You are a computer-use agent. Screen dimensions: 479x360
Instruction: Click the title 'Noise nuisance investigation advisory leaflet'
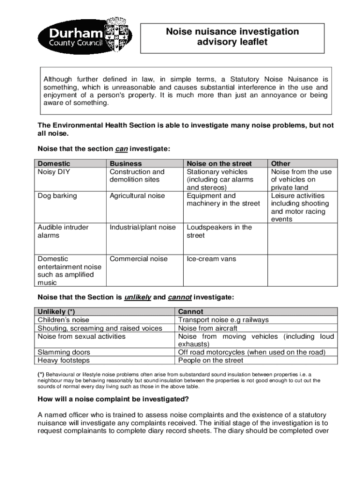[x=232, y=37]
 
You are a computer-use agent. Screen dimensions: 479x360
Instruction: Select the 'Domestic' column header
[x=54, y=164]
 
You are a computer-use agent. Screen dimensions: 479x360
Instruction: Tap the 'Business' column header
[x=125, y=164]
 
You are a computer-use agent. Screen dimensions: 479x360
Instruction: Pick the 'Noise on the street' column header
[x=219, y=164]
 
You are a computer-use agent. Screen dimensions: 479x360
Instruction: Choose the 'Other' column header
[x=281, y=164]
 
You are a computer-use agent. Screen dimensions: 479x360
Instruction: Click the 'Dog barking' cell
[x=57, y=196]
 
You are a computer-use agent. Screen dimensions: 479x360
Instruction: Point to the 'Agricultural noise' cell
[x=137, y=196]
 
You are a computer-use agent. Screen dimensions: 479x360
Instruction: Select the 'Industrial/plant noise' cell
[x=143, y=227]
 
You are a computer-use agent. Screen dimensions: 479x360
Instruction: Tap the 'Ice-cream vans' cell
[x=211, y=259]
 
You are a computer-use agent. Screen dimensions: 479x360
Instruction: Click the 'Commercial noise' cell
[x=138, y=259]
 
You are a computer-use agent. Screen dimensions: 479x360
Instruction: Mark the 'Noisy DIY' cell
[x=54, y=172]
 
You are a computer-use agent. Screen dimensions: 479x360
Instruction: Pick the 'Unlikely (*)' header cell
[x=56, y=312]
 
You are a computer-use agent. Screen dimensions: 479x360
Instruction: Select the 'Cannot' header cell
[x=191, y=312]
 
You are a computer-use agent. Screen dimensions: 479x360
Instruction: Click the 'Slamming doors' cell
[x=64, y=352]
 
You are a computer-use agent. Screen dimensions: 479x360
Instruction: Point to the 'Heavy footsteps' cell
[x=64, y=360]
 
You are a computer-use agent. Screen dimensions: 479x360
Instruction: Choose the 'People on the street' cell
[x=211, y=360]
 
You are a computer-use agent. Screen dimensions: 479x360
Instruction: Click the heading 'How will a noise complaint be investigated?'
[x=113, y=399]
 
